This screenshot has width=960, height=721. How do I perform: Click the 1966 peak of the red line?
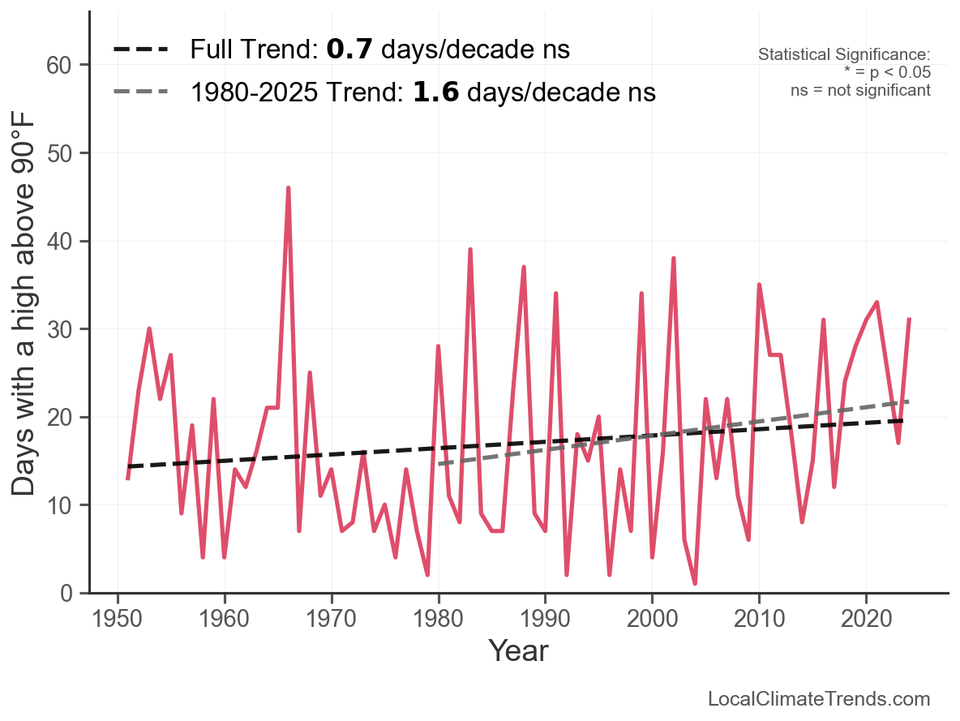pos(288,188)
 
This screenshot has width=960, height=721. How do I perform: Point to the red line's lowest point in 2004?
pos(695,583)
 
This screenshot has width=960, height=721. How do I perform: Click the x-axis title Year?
pos(518,651)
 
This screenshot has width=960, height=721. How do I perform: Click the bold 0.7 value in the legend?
pos(349,49)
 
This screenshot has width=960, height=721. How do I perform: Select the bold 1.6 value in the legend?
pos(435,92)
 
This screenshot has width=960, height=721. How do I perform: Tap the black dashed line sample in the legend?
pos(140,49)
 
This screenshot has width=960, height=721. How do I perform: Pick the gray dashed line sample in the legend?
pos(140,91)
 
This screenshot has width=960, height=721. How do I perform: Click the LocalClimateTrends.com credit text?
pos(819,699)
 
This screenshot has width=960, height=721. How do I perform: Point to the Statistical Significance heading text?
pos(844,55)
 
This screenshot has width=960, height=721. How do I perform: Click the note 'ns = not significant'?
pos(860,90)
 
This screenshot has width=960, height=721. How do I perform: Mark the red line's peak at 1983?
pos(470,250)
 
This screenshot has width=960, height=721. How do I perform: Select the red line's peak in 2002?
pos(673,259)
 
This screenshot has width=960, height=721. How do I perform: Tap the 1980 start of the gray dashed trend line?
pos(439,464)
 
